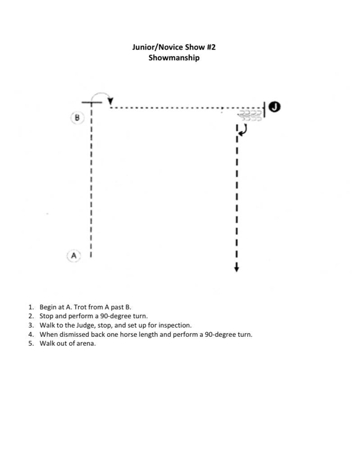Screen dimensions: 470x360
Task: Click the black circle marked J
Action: [x=274, y=107]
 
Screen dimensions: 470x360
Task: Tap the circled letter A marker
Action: [x=74, y=256]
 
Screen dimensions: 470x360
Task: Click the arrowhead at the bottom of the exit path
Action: [x=237, y=269]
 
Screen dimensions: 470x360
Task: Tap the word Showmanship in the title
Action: [x=174, y=58]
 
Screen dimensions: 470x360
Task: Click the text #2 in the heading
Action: [x=210, y=47]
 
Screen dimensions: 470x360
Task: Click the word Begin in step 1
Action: [x=48, y=307]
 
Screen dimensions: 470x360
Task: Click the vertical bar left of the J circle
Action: [x=264, y=108]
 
